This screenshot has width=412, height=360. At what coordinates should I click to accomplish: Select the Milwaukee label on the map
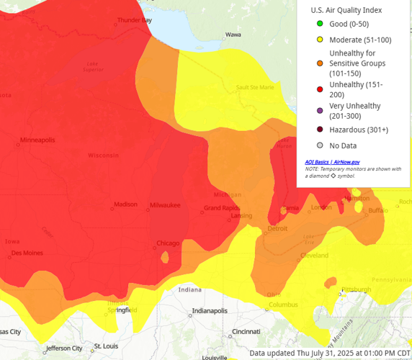[x=165, y=205]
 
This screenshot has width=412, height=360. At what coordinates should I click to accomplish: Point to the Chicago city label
[x=168, y=243]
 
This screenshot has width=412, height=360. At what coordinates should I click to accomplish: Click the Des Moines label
[x=27, y=253]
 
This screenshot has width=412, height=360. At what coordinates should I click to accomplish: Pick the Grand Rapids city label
[x=221, y=208]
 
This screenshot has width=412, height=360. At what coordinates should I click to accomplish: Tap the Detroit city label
[x=277, y=228]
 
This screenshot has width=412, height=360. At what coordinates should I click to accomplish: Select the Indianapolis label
[x=209, y=311]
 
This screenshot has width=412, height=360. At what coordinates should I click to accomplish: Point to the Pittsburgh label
[x=356, y=289]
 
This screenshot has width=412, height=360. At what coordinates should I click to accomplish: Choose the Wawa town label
[x=233, y=34]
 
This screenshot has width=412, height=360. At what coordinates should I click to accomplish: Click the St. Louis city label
[x=105, y=346]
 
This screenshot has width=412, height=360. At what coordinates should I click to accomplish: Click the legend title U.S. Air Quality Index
[x=346, y=10]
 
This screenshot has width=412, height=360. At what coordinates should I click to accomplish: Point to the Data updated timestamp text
[x=330, y=353]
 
